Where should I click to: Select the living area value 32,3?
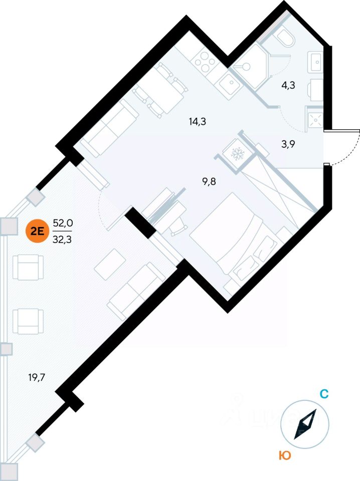pyautogui.click(x=63, y=239)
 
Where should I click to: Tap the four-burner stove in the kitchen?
pyautogui.click(x=205, y=63)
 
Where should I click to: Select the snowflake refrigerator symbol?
pyautogui.click(x=236, y=153)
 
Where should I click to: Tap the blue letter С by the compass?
pyautogui.click(x=324, y=394)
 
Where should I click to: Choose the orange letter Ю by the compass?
pyautogui.click(x=285, y=455)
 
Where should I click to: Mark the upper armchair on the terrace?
pyautogui.click(x=29, y=267)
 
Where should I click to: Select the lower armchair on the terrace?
pyautogui.click(x=29, y=321)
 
